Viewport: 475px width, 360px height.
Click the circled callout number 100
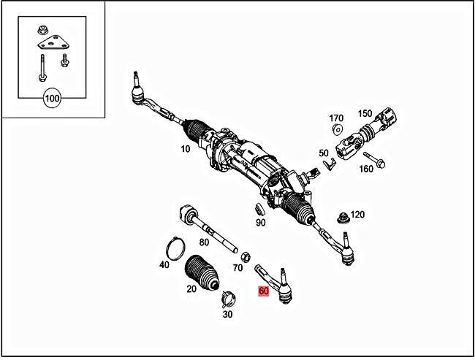[x=53, y=98]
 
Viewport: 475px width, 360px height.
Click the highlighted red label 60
[x=265, y=291]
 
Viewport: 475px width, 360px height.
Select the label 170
[x=336, y=118]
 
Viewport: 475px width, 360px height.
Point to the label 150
[x=365, y=114]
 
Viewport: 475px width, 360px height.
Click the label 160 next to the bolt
[x=365, y=169]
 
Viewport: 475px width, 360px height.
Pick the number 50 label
[x=323, y=153]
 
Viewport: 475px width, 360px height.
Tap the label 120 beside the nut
[x=357, y=215]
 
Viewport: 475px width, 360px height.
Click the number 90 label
[x=261, y=222]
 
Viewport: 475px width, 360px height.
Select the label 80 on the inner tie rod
[x=204, y=242]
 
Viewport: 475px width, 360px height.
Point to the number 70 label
[x=237, y=268]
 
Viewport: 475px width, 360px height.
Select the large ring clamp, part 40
[x=175, y=248]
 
